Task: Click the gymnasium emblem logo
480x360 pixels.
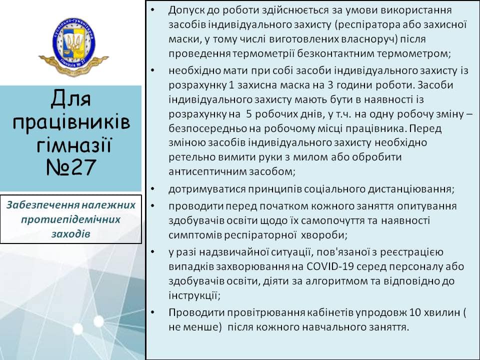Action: (73, 46)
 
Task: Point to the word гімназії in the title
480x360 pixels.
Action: (74, 144)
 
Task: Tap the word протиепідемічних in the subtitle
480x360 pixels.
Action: (70, 219)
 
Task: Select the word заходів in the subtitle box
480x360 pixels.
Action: (70, 234)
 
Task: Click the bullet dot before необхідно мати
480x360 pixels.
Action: (153, 70)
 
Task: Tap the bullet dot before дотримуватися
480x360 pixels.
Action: (153, 189)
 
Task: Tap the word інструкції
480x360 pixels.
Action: (194, 295)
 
